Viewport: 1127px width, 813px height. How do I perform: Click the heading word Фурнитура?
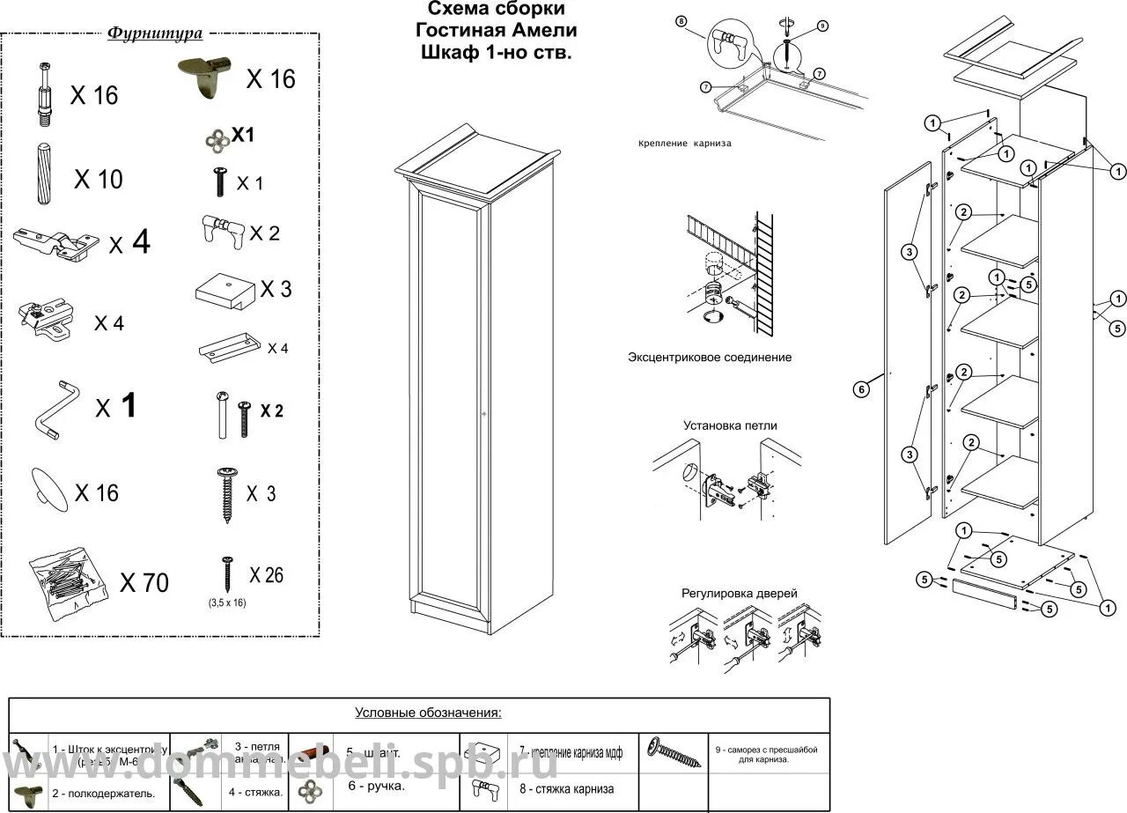(155, 34)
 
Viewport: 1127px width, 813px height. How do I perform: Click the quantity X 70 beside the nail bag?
(144, 583)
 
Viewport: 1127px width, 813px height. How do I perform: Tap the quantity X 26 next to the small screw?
(266, 575)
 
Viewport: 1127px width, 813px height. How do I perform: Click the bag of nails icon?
(59, 577)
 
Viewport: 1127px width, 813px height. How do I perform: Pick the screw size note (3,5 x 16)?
(226, 603)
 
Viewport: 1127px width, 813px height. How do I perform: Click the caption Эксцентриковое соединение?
(710, 358)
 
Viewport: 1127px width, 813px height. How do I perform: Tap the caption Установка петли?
(730, 425)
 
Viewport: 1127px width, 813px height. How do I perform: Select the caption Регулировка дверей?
(739, 594)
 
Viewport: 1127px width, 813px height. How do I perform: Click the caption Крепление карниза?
(686, 143)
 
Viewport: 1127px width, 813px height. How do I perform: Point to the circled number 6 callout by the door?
(863, 388)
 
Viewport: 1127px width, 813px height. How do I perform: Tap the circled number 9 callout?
(821, 26)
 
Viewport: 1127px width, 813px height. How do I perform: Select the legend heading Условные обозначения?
(428, 712)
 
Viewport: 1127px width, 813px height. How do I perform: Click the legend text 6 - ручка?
(376, 786)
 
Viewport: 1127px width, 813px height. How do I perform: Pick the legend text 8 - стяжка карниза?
(566, 788)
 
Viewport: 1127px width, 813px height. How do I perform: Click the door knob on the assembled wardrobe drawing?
(483, 412)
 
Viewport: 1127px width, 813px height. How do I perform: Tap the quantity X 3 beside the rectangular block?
(276, 289)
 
